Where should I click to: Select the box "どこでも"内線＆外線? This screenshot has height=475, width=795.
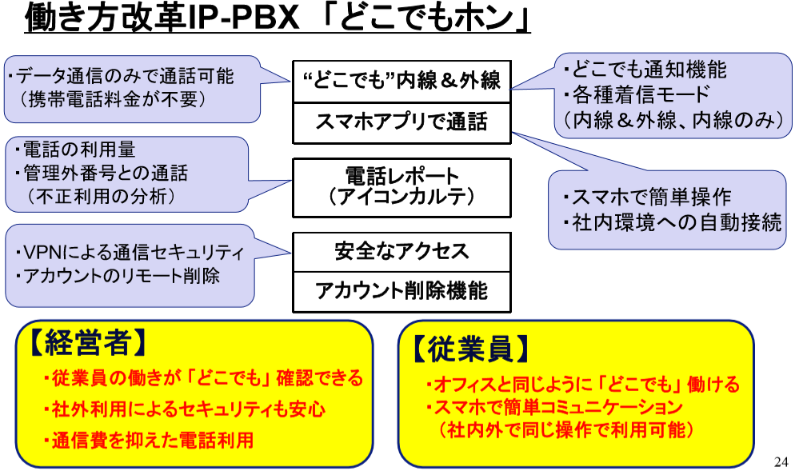[x=401, y=80]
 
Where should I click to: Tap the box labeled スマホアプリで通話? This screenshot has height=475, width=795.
[x=401, y=122]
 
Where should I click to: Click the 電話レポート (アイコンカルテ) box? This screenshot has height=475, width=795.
[x=401, y=186]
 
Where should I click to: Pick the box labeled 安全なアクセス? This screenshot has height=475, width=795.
[x=401, y=252]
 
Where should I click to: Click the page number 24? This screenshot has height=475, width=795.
[x=781, y=461]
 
